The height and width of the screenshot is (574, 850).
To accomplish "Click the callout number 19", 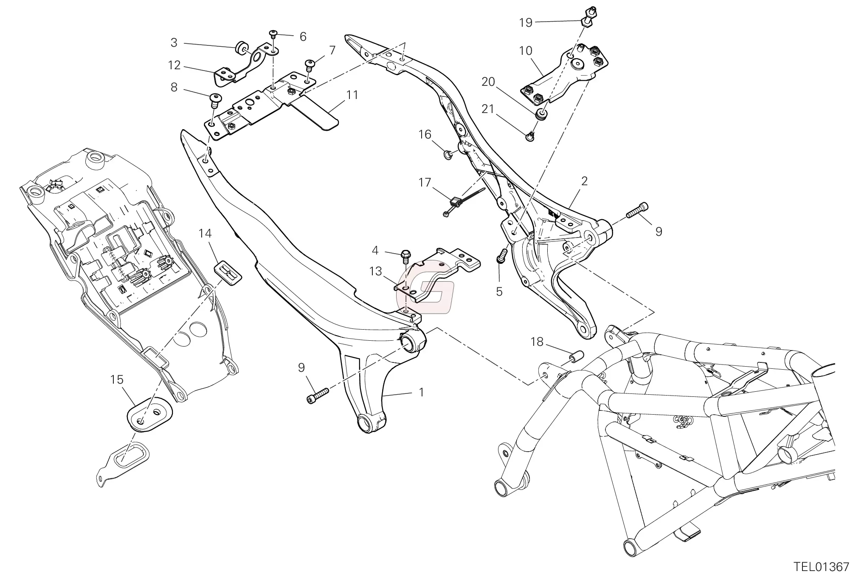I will (526, 23).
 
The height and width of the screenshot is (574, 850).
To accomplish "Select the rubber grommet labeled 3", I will (242, 48).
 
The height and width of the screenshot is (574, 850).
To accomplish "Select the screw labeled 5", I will (502, 257).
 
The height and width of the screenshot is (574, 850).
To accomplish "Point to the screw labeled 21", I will (530, 136).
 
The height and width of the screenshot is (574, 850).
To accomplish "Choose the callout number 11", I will (352, 95).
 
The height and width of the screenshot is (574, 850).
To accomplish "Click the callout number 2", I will (584, 181).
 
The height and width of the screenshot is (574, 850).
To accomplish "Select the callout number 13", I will (375, 271).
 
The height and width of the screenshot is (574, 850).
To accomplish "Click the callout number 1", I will (421, 393).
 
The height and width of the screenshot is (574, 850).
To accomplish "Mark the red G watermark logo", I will (425, 288).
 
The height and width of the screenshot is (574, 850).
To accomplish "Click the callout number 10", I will (526, 51).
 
